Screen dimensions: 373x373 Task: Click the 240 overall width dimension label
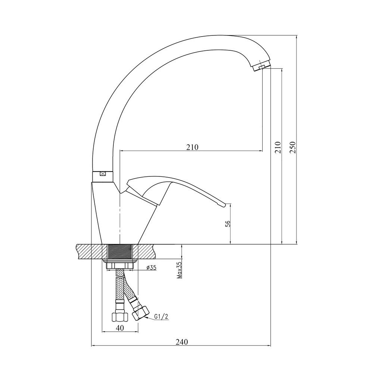(x=182, y=342)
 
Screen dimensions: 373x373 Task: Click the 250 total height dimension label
(x=293, y=147)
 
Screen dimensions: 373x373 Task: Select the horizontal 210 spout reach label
(x=192, y=147)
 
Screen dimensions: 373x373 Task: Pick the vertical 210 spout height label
(x=278, y=147)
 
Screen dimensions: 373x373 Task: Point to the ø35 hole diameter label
(x=151, y=268)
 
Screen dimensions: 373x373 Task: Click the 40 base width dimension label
(x=120, y=328)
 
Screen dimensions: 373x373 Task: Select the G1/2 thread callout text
(x=161, y=316)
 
